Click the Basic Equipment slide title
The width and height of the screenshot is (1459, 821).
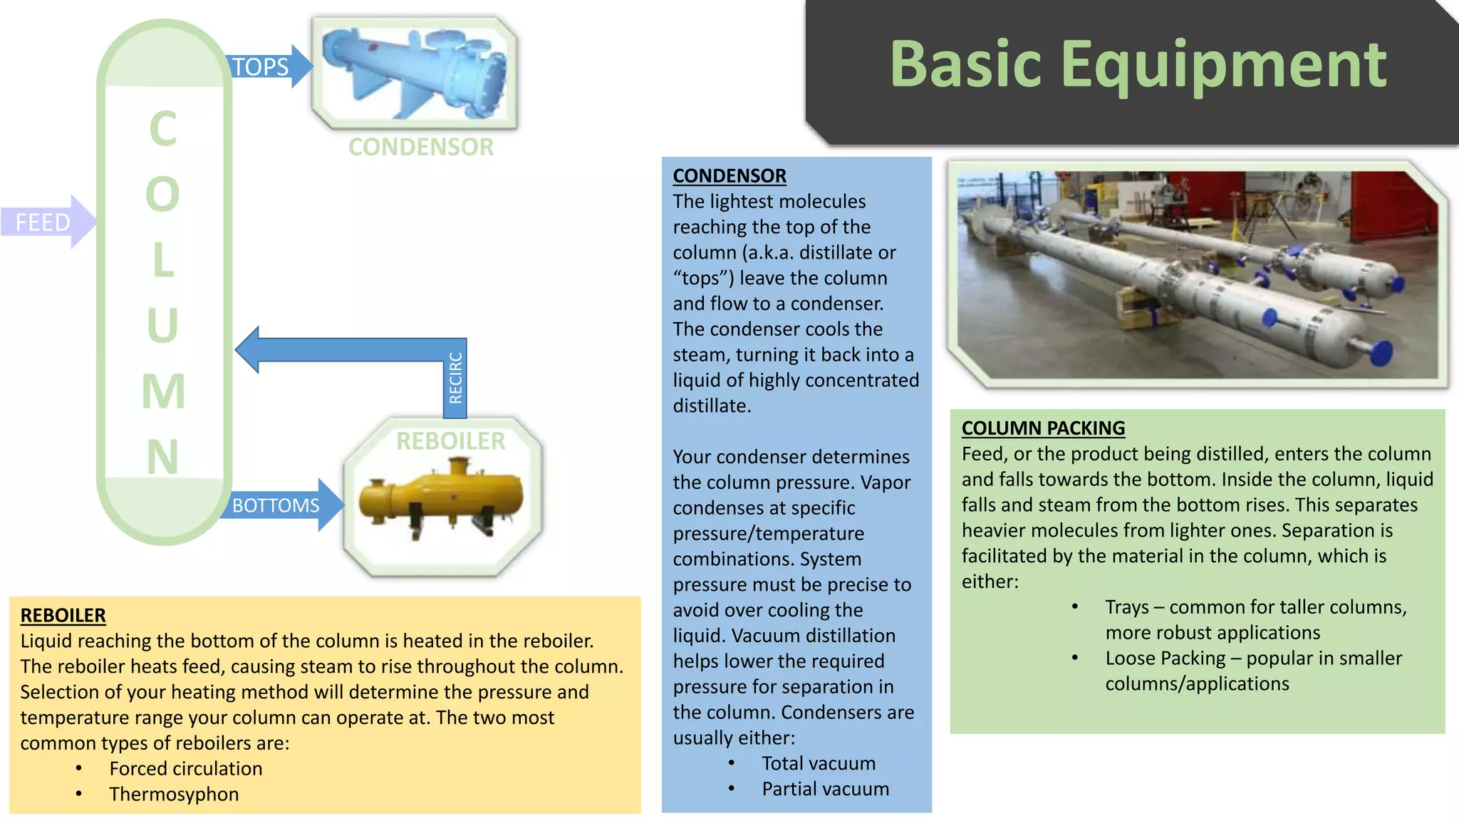(x=1138, y=66)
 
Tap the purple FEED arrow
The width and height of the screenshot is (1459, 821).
(x=44, y=222)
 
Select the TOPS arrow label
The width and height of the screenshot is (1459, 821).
(x=261, y=67)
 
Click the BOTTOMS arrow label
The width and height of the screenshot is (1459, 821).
(x=276, y=505)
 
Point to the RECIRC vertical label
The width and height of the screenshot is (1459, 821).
(x=456, y=378)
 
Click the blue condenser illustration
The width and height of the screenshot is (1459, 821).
(x=415, y=73)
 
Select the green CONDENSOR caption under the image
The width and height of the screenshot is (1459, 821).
(x=420, y=147)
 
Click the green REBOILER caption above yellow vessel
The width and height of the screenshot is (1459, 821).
(x=450, y=441)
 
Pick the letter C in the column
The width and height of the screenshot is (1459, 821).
(x=163, y=129)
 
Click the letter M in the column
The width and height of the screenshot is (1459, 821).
(x=163, y=391)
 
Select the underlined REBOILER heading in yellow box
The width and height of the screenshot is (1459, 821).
(x=63, y=615)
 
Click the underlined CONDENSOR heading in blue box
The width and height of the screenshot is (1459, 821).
(x=729, y=175)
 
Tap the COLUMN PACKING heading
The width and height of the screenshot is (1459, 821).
(x=1043, y=428)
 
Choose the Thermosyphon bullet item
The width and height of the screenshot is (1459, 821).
(x=174, y=794)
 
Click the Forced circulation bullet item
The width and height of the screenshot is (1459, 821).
(x=185, y=768)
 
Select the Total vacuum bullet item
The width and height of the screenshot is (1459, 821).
(x=819, y=763)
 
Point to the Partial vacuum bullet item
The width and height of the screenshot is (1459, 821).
(x=825, y=789)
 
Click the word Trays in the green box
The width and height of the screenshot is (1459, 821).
(x=1126, y=607)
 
